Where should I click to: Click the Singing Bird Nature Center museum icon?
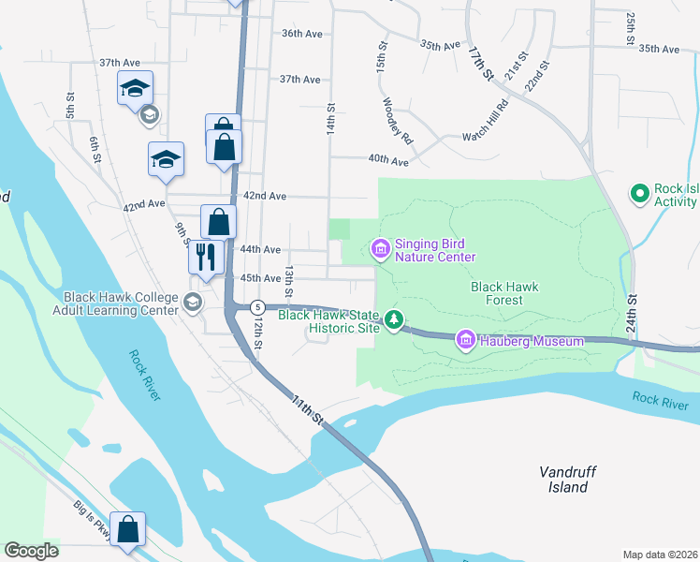tap(381, 249)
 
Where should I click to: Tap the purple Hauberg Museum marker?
tap(465, 340)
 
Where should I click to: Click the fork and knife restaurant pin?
tap(206, 257)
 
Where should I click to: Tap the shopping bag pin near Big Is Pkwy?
tap(127, 529)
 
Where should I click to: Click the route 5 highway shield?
tap(258, 307)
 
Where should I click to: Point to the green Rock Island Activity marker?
tap(640, 194)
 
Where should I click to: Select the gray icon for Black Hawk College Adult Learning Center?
tap(193, 302)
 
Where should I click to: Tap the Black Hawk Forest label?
tap(505, 294)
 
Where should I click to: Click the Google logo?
tap(32, 551)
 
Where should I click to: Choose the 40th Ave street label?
tap(388, 161)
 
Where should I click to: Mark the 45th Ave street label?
tap(261, 279)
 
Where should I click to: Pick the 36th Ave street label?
tap(301, 34)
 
